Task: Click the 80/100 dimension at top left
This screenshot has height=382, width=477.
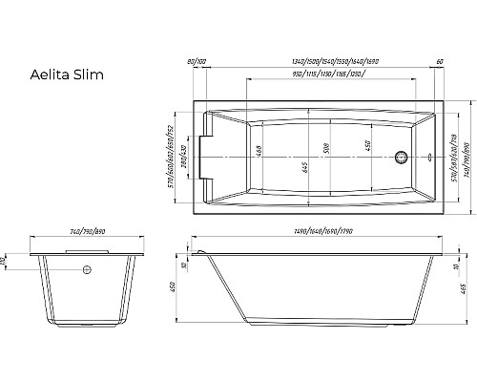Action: [198, 63]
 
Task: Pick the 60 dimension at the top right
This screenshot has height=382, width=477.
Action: [438, 63]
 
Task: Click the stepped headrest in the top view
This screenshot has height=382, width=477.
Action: [215, 153]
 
